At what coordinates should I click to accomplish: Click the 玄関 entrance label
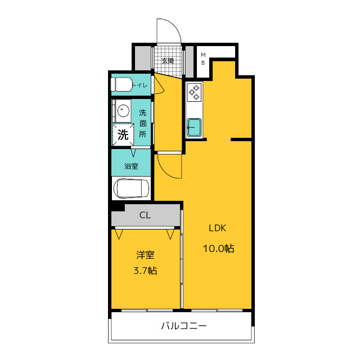point(168,61)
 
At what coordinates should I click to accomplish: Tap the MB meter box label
point(203,58)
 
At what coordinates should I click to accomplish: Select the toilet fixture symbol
point(121,84)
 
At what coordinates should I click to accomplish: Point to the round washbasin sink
point(123,111)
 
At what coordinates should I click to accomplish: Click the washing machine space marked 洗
point(123,134)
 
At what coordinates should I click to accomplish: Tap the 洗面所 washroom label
point(142,123)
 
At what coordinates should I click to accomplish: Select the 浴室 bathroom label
point(131,166)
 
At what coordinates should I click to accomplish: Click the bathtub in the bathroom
point(131,188)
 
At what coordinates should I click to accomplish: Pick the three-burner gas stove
point(194,92)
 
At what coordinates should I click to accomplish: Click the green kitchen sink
point(194,127)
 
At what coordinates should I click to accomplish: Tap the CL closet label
point(145,215)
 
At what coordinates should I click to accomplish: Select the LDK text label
point(218,228)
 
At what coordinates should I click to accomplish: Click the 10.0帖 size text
point(218,249)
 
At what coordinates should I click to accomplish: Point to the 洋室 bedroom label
point(145,255)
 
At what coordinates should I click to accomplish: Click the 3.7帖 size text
point(145,271)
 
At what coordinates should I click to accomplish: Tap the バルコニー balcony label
point(184,326)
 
